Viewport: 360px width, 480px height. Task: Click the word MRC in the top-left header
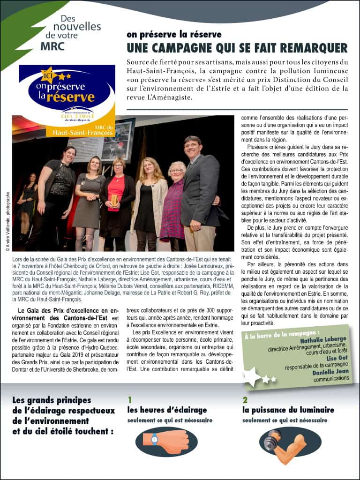click(52, 47)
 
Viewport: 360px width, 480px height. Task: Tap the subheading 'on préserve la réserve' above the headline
click(174, 35)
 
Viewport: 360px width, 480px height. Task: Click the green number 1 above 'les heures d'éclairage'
click(130, 400)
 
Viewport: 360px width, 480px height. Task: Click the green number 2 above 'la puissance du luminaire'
click(245, 400)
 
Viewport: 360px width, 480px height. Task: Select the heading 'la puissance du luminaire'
click(288, 410)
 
